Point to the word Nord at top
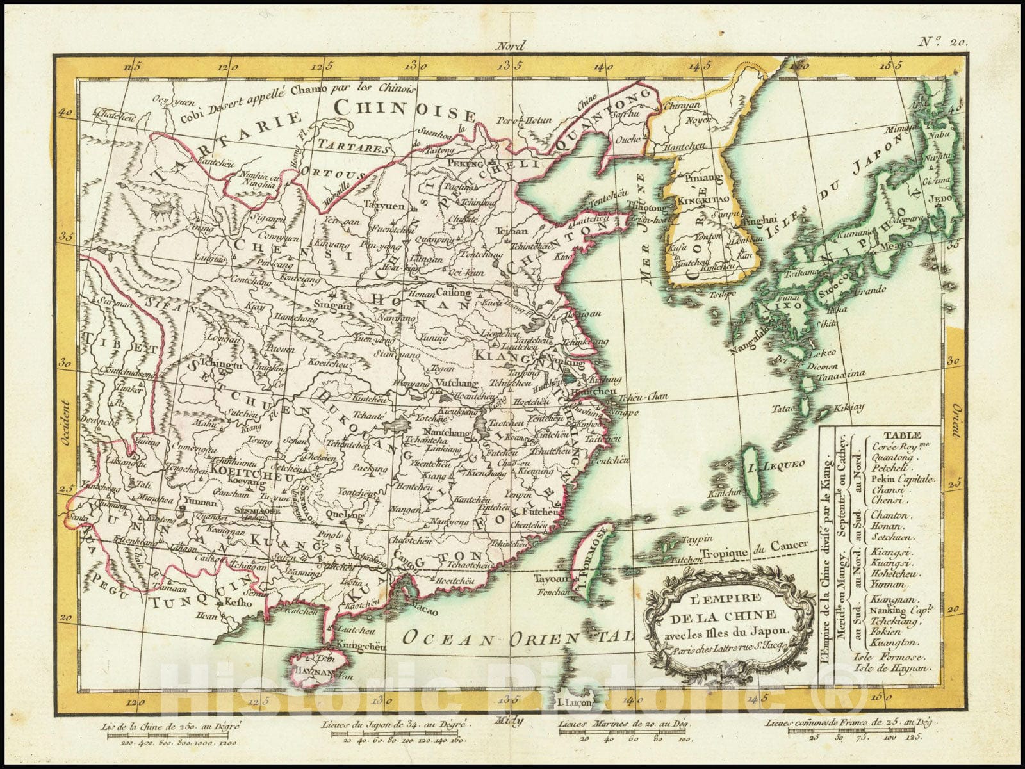pyautogui.click(x=511, y=46)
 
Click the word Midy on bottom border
pyautogui.click(x=509, y=720)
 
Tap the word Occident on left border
pyautogui.click(x=63, y=421)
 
